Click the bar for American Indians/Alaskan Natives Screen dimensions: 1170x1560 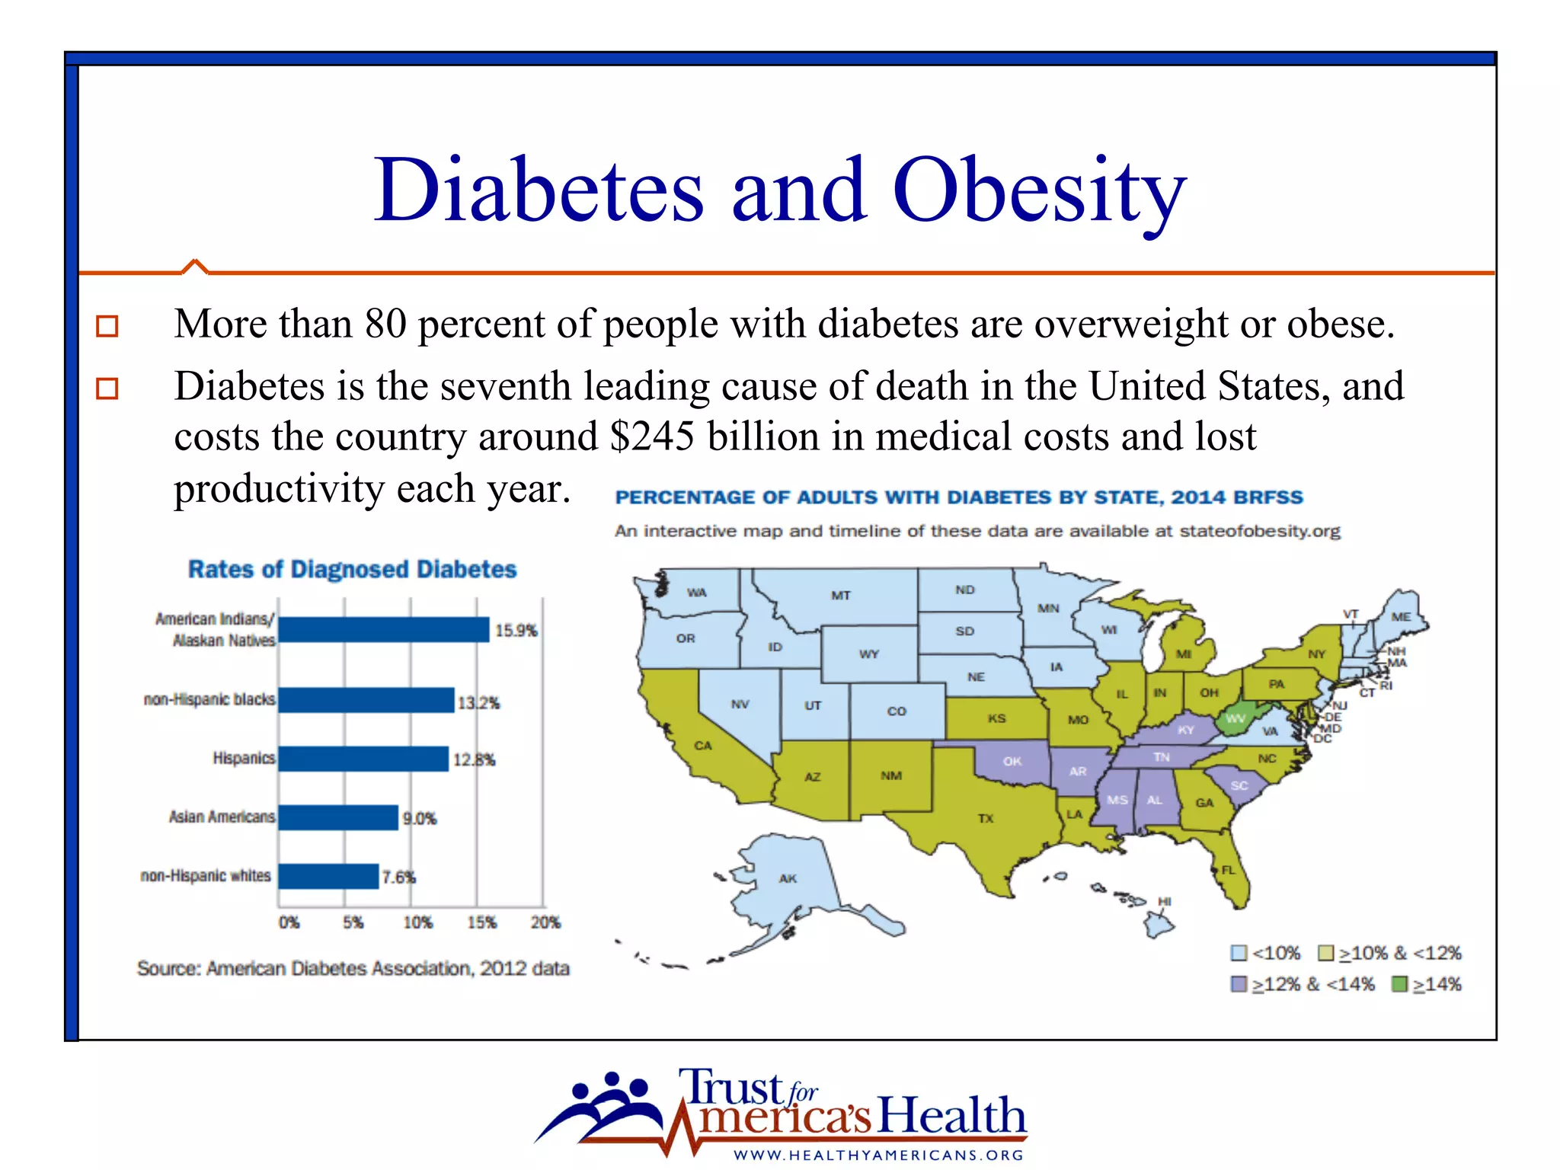(x=384, y=630)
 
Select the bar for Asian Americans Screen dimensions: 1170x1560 (x=338, y=817)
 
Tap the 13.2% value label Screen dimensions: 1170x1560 (x=478, y=702)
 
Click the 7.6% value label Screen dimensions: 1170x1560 (x=398, y=877)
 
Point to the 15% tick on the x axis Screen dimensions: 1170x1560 (x=481, y=922)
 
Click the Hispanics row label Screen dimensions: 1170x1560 (x=243, y=758)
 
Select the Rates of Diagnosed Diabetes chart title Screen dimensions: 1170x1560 (x=352, y=569)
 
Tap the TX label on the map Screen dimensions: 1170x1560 (x=986, y=818)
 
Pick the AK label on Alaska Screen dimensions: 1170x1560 (x=788, y=878)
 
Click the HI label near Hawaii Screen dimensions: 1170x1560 (x=1164, y=901)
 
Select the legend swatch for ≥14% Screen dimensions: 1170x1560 (x=1399, y=984)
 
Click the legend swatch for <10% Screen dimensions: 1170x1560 (x=1239, y=953)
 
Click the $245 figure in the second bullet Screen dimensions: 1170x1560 (x=652, y=436)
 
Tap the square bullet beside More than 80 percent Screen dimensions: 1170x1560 (x=107, y=326)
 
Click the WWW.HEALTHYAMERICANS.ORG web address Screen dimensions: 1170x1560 (x=878, y=1155)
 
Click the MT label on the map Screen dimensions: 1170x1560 (x=840, y=595)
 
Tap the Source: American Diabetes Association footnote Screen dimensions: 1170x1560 (x=353, y=968)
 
